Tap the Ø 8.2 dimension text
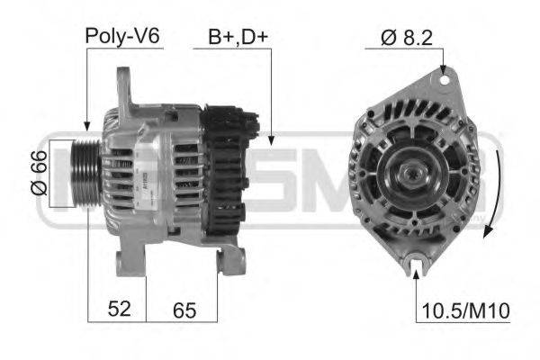400,37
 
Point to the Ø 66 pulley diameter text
37,175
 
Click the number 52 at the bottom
119,309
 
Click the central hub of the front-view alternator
416,170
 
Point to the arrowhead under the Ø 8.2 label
444,68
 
